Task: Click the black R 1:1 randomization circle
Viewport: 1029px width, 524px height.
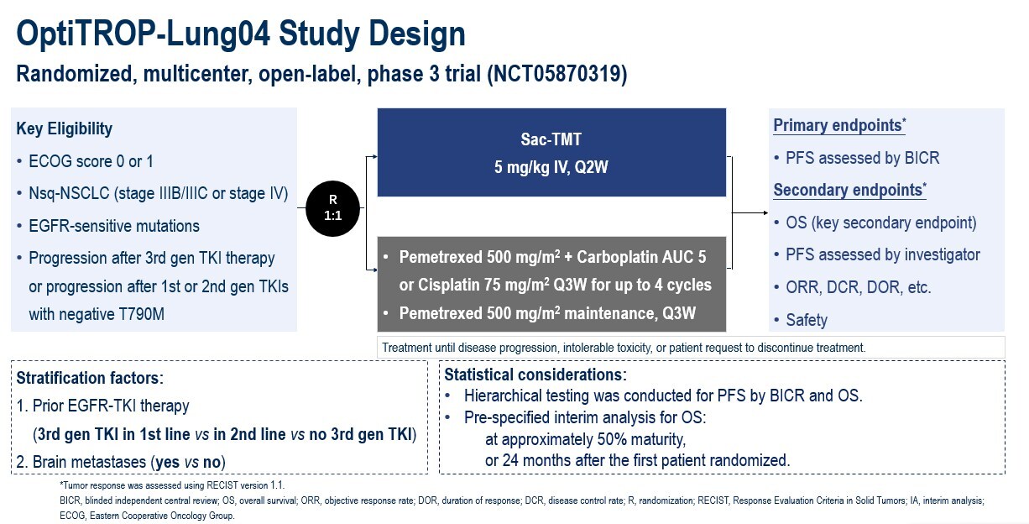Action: [x=333, y=207]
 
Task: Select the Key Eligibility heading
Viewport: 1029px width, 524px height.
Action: [x=64, y=128]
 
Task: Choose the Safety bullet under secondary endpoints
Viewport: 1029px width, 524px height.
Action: [x=807, y=320]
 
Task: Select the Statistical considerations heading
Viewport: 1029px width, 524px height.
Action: [x=535, y=375]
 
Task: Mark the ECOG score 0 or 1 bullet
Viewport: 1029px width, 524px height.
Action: [x=92, y=161]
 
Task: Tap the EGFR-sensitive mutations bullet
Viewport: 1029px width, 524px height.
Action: [x=114, y=226]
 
